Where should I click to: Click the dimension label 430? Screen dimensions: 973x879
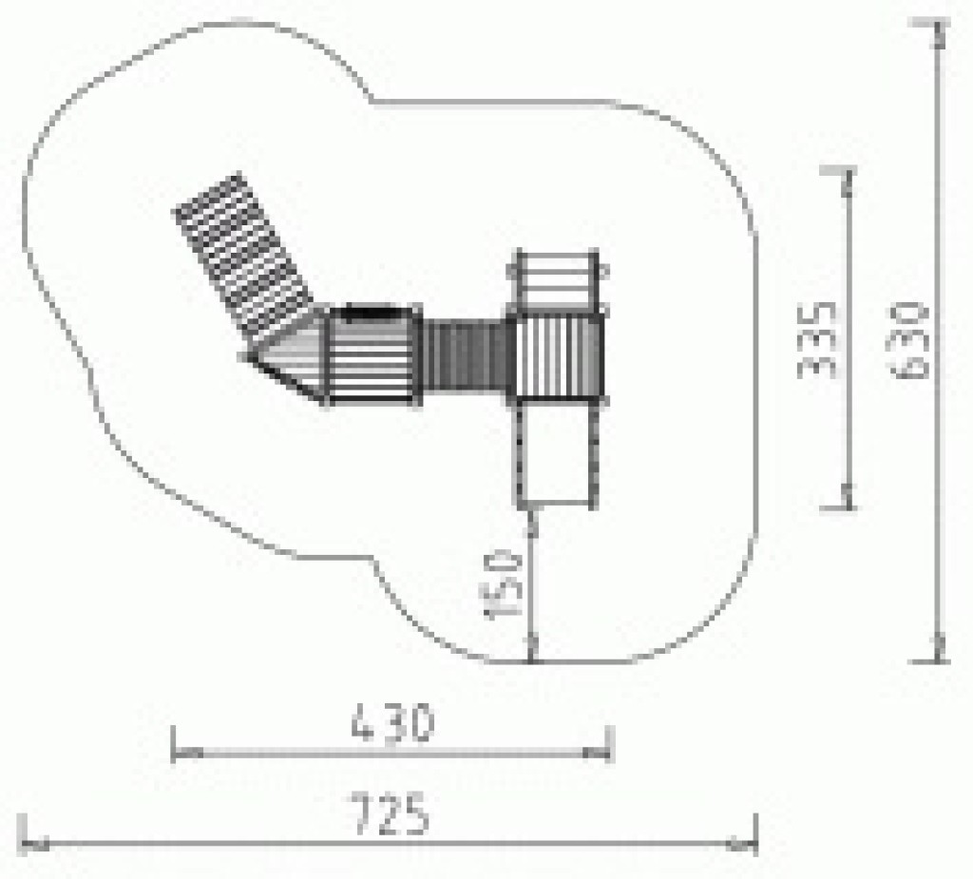(392, 722)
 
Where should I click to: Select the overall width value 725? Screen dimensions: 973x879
(390, 813)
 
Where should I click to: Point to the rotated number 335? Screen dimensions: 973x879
(816, 340)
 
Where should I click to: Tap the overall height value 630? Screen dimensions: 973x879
(909, 339)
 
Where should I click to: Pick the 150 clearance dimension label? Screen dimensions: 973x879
(503, 584)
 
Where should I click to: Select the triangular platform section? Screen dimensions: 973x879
(288, 356)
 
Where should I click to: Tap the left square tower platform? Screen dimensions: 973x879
(372, 356)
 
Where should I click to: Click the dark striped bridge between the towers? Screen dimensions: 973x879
(467, 355)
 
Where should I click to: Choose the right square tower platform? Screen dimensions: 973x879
(559, 356)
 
